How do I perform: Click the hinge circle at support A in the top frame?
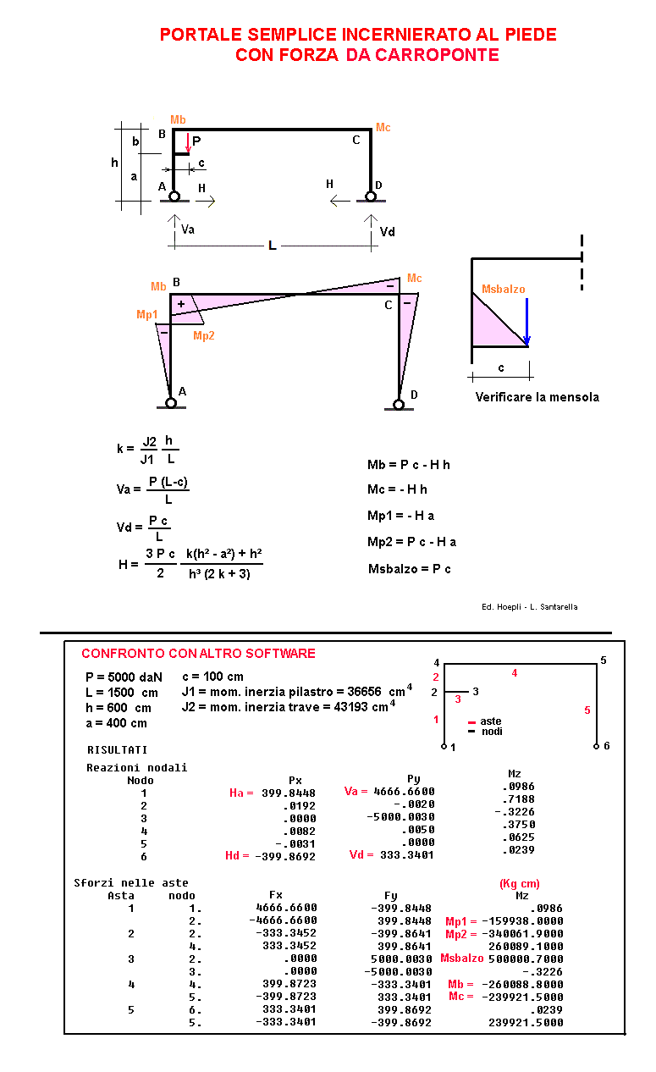tap(174, 196)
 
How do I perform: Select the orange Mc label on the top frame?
tap(383, 128)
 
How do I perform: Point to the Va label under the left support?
tap(188, 229)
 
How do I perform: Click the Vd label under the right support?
tap(387, 231)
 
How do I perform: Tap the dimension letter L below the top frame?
tap(272, 246)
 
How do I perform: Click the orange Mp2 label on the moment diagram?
tap(204, 336)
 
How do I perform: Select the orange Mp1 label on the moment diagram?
tap(146, 315)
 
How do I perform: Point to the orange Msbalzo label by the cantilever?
tap(503, 290)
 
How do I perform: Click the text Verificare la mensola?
tap(537, 397)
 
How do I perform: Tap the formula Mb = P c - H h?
tap(409, 465)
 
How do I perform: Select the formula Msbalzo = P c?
tap(410, 568)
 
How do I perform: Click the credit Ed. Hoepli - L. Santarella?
tap(529, 607)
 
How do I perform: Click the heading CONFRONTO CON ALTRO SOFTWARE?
tap(198, 654)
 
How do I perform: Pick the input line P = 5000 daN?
tap(124, 677)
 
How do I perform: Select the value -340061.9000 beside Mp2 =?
tap(526, 933)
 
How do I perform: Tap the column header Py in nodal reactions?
tap(413, 779)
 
